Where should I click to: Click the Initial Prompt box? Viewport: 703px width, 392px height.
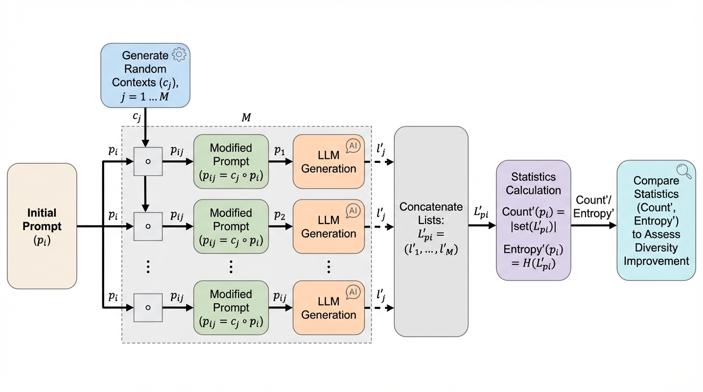pos(42,226)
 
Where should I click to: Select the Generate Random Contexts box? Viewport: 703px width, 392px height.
pos(145,75)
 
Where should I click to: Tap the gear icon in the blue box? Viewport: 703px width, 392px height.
pos(179,55)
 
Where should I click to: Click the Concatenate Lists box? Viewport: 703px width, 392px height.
pos(431,231)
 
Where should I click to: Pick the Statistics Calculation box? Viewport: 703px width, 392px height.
pos(533,220)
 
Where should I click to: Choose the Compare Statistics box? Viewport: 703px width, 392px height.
pos(656,220)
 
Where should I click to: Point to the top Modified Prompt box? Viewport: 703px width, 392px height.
pos(231,161)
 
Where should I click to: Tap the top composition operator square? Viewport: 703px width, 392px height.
pos(148,161)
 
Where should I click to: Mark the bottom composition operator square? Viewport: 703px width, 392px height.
pos(148,308)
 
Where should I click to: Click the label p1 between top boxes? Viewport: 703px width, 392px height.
pos(279,150)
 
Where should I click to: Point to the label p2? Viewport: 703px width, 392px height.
pos(279,215)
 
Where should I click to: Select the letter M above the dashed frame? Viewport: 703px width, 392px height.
pos(246,117)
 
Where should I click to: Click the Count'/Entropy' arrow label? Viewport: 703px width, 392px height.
pos(594,206)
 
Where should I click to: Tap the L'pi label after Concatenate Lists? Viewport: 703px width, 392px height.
pos(481,213)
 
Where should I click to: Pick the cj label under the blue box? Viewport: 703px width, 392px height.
pos(137,116)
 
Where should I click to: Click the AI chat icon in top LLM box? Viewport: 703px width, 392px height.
pos(353,146)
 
